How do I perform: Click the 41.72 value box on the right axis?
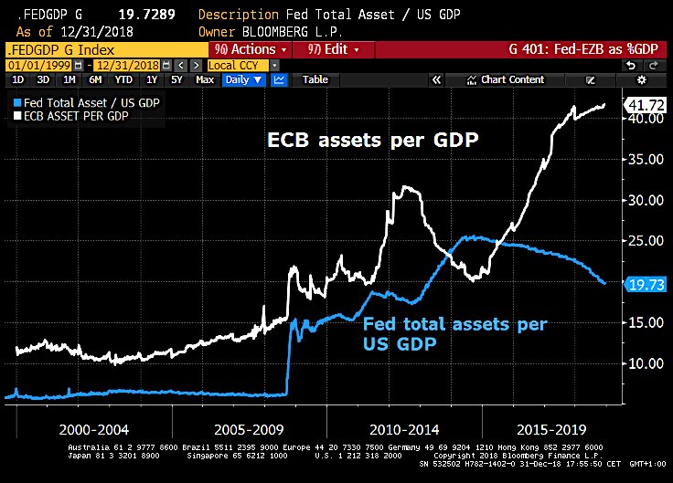(645, 106)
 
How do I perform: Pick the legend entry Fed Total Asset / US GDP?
(88, 103)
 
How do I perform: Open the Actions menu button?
(250, 49)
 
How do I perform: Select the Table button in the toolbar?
(315, 79)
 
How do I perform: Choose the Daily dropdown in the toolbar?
(242, 79)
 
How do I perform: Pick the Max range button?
(205, 79)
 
